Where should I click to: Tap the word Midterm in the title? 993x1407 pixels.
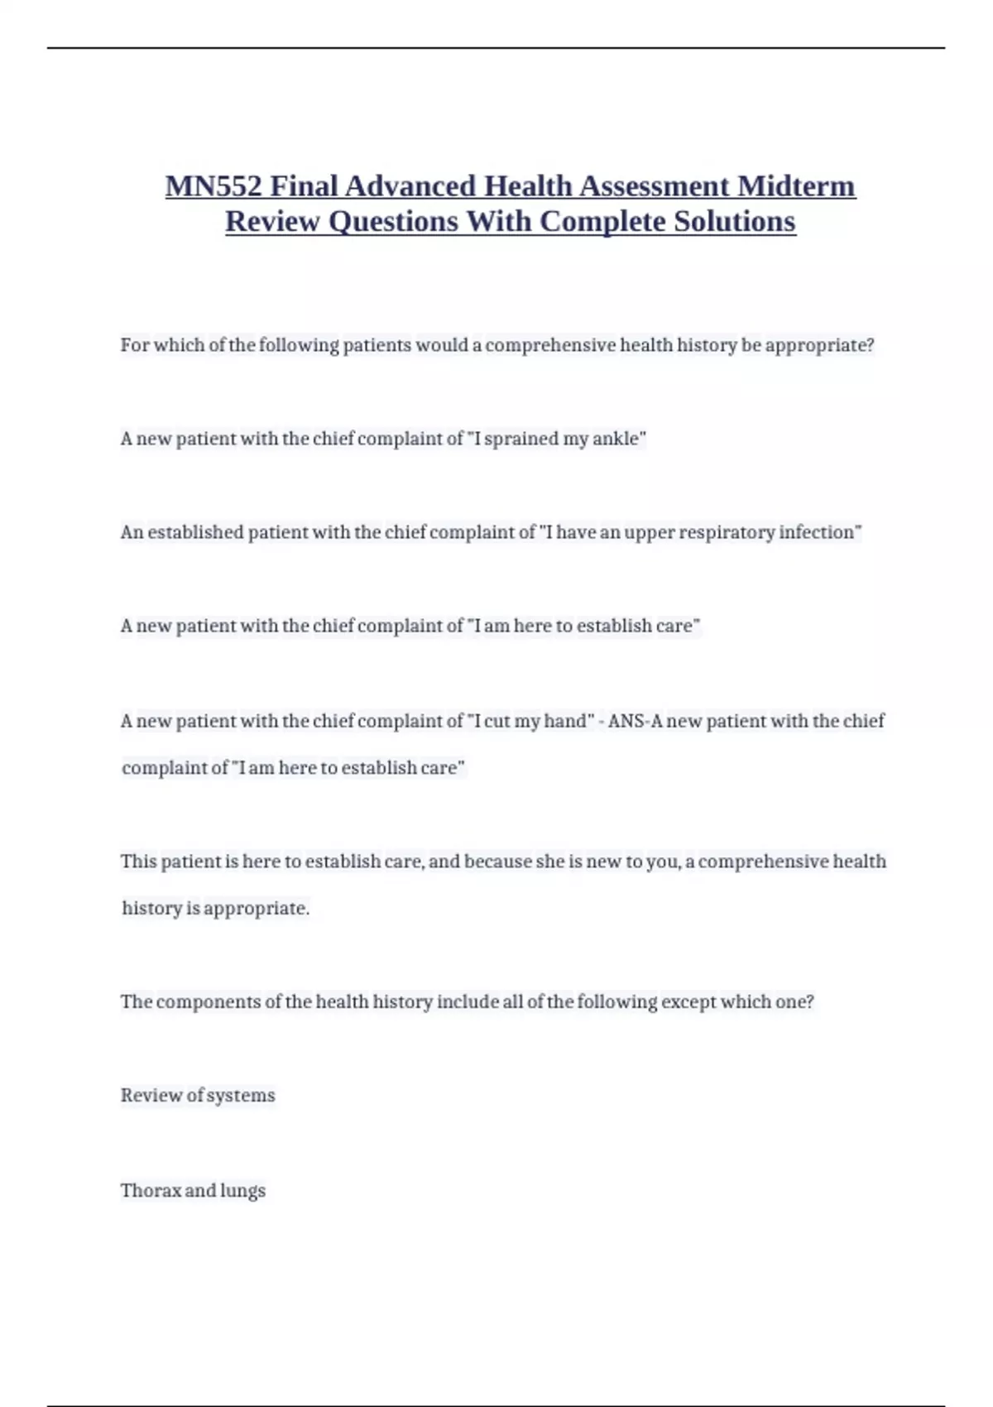(x=796, y=186)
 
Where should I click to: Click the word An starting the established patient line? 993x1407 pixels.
(x=132, y=532)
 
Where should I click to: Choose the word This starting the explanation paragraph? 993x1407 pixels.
(x=138, y=862)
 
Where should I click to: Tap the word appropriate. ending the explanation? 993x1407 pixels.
(x=257, y=909)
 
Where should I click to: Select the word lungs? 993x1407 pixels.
(x=242, y=1191)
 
